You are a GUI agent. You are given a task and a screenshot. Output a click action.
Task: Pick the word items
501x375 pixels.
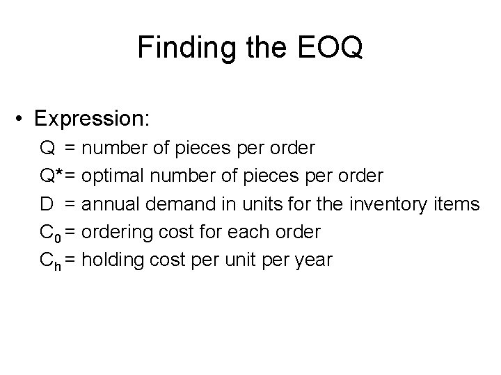tap(455, 204)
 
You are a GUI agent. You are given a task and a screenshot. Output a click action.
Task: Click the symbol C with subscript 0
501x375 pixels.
tap(51, 233)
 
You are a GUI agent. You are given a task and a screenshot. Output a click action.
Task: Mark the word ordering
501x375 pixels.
tap(120, 233)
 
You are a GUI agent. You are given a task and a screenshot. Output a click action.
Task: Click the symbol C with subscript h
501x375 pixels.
tap(51, 261)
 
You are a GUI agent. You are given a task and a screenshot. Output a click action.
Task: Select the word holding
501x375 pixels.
tap(117, 261)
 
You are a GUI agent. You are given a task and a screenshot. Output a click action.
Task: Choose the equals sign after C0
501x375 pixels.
tap(72, 233)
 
